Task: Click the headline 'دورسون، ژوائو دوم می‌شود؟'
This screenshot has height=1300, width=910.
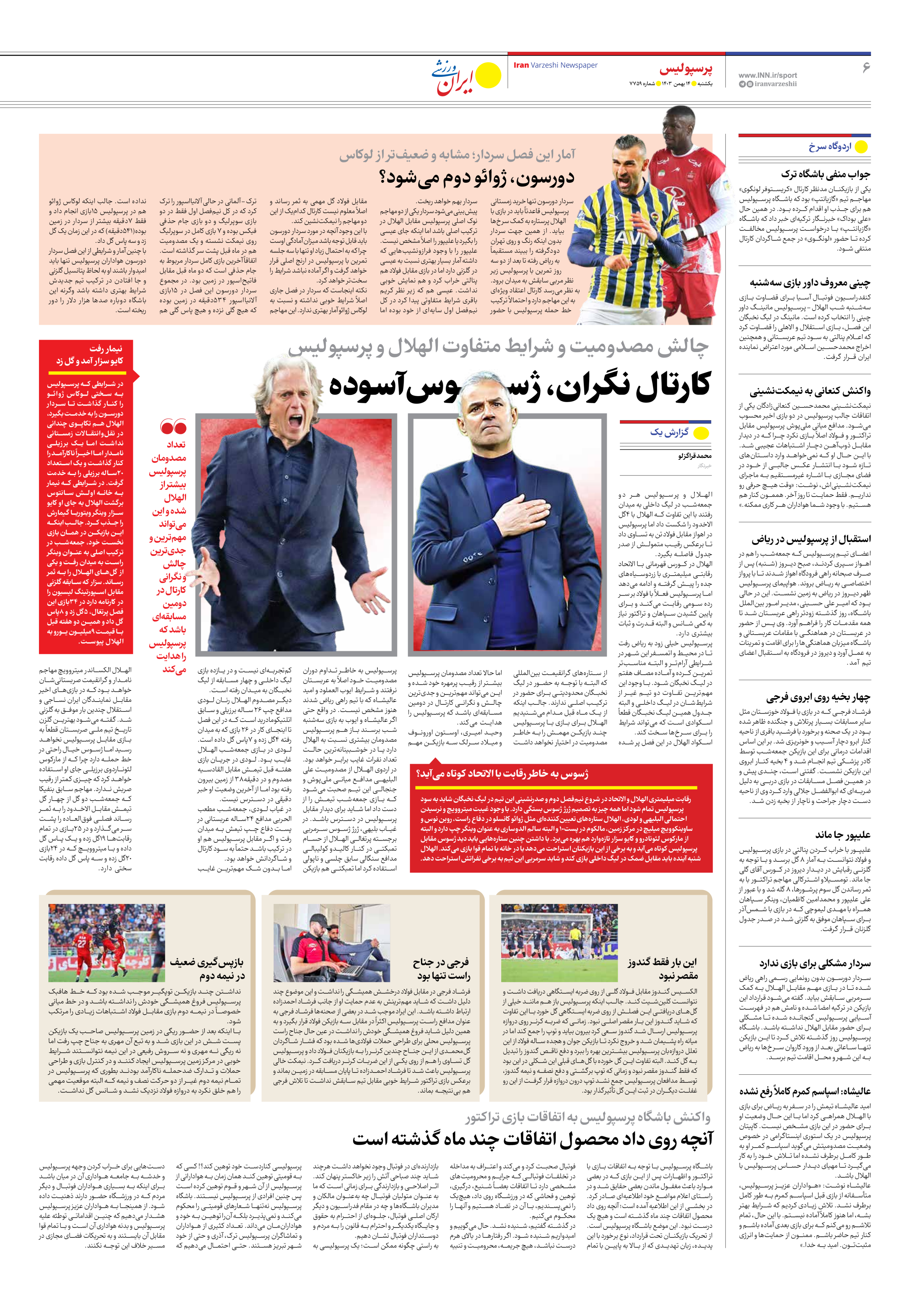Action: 477,177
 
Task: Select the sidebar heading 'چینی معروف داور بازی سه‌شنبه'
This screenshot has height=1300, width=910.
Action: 810,282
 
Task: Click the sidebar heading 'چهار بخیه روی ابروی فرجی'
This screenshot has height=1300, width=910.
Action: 818,697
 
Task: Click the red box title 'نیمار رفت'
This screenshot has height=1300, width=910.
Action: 105,348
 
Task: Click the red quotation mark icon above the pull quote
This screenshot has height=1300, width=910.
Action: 173,426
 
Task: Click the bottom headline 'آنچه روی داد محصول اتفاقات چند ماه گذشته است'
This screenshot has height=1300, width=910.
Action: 532,1139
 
